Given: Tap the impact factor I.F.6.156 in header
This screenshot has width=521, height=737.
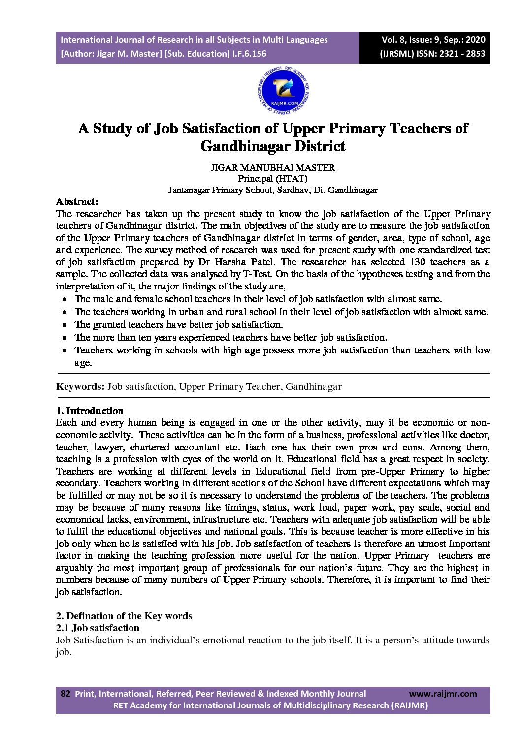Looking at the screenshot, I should [249, 54].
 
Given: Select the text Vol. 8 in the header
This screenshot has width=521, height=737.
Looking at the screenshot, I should [393, 40].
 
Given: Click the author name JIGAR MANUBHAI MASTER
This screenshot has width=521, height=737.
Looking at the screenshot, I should [273, 167].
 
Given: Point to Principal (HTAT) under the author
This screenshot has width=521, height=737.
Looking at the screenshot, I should [273, 179].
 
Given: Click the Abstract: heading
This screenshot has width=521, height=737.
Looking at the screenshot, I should [77, 201].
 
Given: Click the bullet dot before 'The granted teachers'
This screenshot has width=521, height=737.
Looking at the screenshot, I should [65, 325].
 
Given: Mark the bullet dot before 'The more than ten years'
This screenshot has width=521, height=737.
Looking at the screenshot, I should [65, 338].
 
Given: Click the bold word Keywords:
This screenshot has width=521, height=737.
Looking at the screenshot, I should [80, 386].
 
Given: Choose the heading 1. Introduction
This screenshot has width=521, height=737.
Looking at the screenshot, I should [90, 411].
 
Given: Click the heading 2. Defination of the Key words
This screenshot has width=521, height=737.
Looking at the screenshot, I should [124, 616].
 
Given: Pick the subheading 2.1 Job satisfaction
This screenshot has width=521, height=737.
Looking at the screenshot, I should [98, 628].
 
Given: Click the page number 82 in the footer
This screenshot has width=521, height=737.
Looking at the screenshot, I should [65, 694].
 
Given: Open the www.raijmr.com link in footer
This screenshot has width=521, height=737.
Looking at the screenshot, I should [443, 694].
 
